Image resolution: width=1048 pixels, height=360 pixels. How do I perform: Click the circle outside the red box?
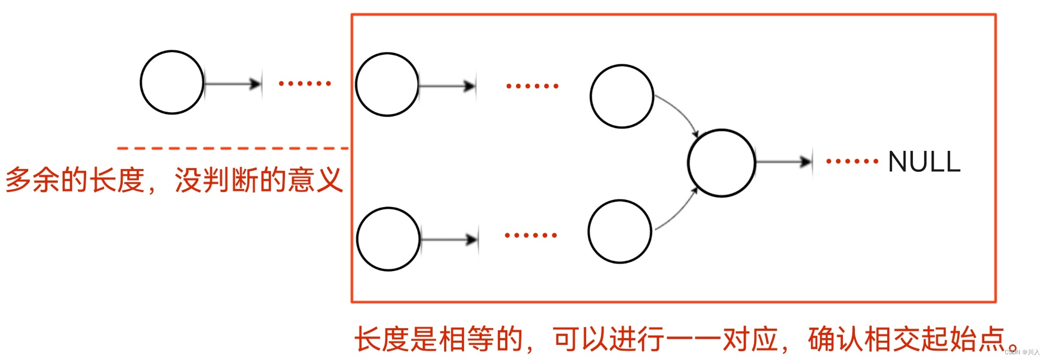(x=172, y=82)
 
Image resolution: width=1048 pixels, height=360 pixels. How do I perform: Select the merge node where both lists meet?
(x=721, y=163)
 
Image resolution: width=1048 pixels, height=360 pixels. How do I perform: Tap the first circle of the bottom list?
(x=388, y=239)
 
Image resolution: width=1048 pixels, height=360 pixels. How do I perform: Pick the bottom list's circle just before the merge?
(x=620, y=231)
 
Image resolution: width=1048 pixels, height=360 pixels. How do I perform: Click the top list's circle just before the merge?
(x=622, y=96)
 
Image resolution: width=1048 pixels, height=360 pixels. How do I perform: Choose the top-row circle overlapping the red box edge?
(x=387, y=85)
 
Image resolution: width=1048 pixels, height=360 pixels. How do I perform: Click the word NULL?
(x=924, y=162)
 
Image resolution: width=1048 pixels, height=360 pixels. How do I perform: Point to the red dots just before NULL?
(x=852, y=161)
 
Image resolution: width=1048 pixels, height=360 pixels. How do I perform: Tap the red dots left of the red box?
(x=305, y=83)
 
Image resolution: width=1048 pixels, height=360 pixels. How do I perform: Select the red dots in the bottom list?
(x=531, y=235)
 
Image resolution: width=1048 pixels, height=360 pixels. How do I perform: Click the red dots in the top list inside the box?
(x=532, y=86)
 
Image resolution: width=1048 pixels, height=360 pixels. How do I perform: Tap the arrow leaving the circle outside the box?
(x=233, y=83)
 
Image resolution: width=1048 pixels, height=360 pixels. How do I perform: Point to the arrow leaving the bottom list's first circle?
(x=449, y=239)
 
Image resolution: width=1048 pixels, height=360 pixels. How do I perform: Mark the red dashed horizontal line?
(x=233, y=149)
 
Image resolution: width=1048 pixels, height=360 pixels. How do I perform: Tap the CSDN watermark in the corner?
(x=1021, y=352)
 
